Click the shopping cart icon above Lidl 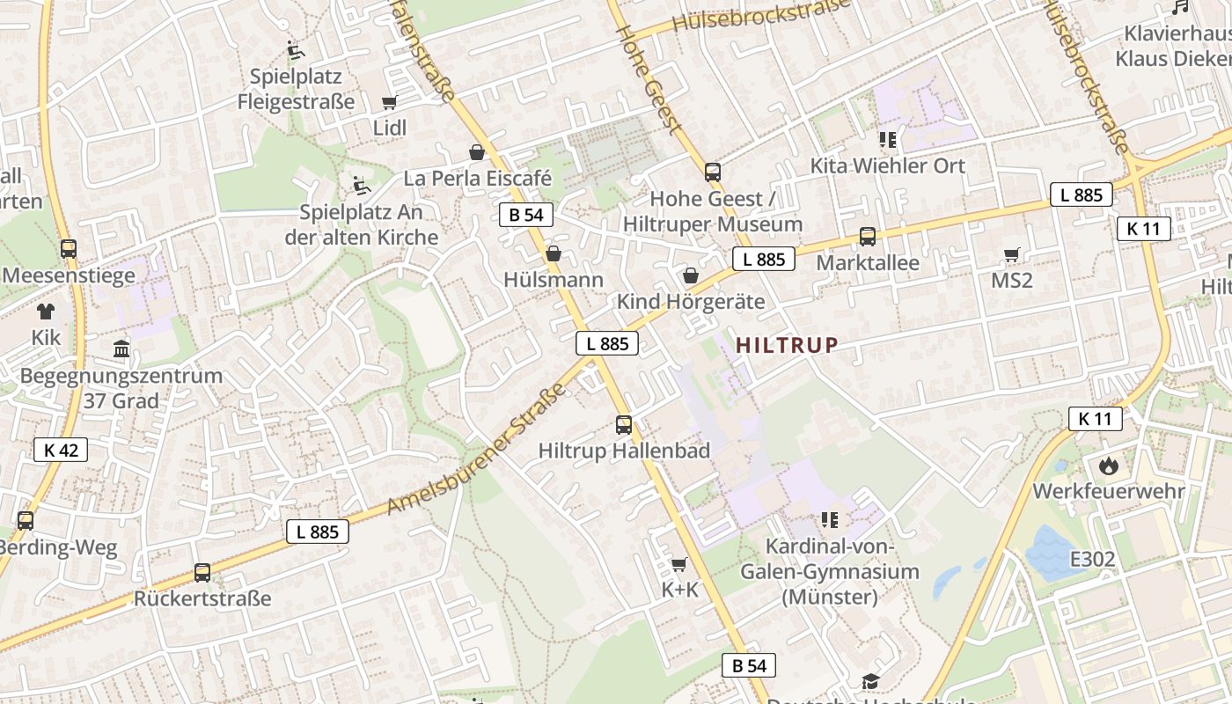tap(389, 102)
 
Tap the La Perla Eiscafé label tap(478, 178)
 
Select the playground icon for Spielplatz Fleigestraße tap(296, 50)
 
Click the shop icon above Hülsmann tap(554, 254)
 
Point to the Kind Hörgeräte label tap(691, 301)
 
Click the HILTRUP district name tap(787, 345)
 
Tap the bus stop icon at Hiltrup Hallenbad tap(624, 425)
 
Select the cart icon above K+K tap(678, 564)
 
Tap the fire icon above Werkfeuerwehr tap(1108, 465)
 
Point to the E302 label tap(1092, 559)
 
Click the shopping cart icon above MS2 tap(1012, 255)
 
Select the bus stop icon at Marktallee tap(868, 237)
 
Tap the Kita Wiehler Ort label tap(888, 165)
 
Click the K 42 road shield tap(61, 450)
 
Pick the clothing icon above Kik tap(46, 311)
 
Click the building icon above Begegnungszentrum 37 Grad tap(121, 349)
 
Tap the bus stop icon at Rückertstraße tap(202, 573)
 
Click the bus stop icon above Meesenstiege tap(69, 249)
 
